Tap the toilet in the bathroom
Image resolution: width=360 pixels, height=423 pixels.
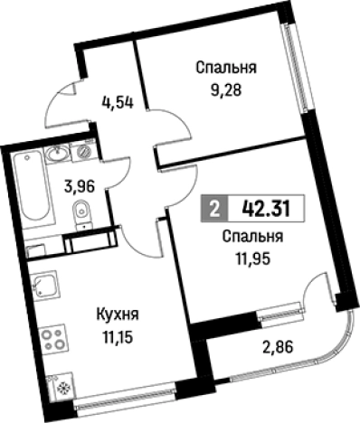pos(80,212)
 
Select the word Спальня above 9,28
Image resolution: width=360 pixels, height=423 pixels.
pos(225,68)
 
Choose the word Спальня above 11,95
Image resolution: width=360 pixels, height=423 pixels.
pos(253,236)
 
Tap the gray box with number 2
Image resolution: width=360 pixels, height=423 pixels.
pos(213,208)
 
